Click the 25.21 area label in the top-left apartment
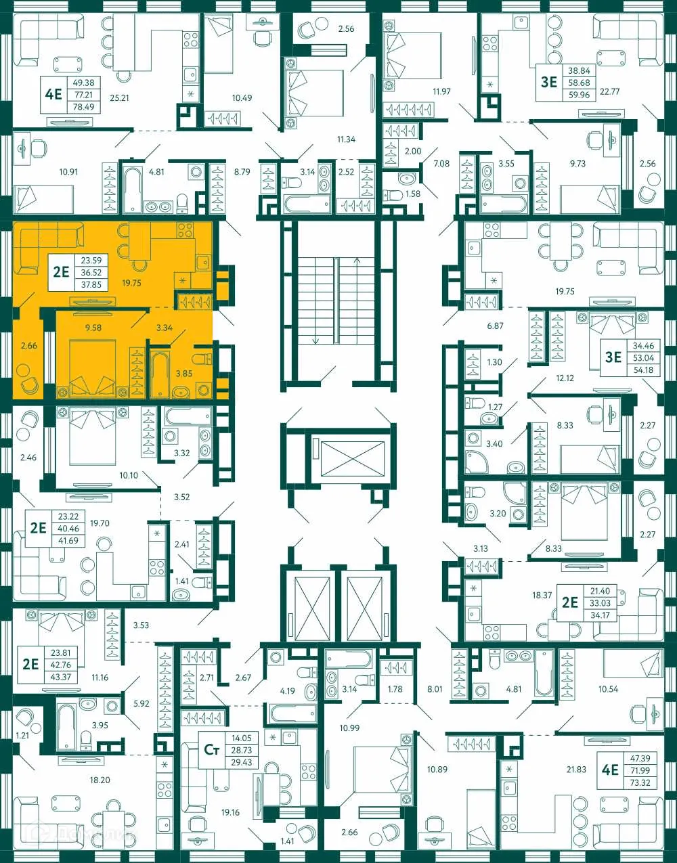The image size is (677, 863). pyautogui.click(x=119, y=98)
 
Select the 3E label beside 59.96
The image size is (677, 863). pyautogui.click(x=548, y=82)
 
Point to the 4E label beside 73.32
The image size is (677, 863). pyautogui.click(x=610, y=770)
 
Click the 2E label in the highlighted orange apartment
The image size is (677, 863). pyautogui.click(x=62, y=272)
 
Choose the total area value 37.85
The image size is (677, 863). pyautogui.click(x=91, y=285)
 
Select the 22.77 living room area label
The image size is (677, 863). pyautogui.click(x=609, y=91)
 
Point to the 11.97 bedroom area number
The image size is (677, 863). pyautogui.click(x=441, y=91)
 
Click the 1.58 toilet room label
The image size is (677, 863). pyautogui.click(x=412, y=194)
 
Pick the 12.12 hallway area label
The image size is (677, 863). pyautogui.click(x=565, y=378)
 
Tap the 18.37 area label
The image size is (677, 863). pyautogui.click(x=542, y=596)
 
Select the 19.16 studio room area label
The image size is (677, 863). pyautogui.click(x=230, y=813)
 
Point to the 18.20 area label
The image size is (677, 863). pyautogui.click(x=100, y=780)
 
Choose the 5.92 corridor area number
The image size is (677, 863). pyautogui.click(x=141, y=704)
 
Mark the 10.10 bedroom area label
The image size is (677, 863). pyautogui.click(x=129, y=476)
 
